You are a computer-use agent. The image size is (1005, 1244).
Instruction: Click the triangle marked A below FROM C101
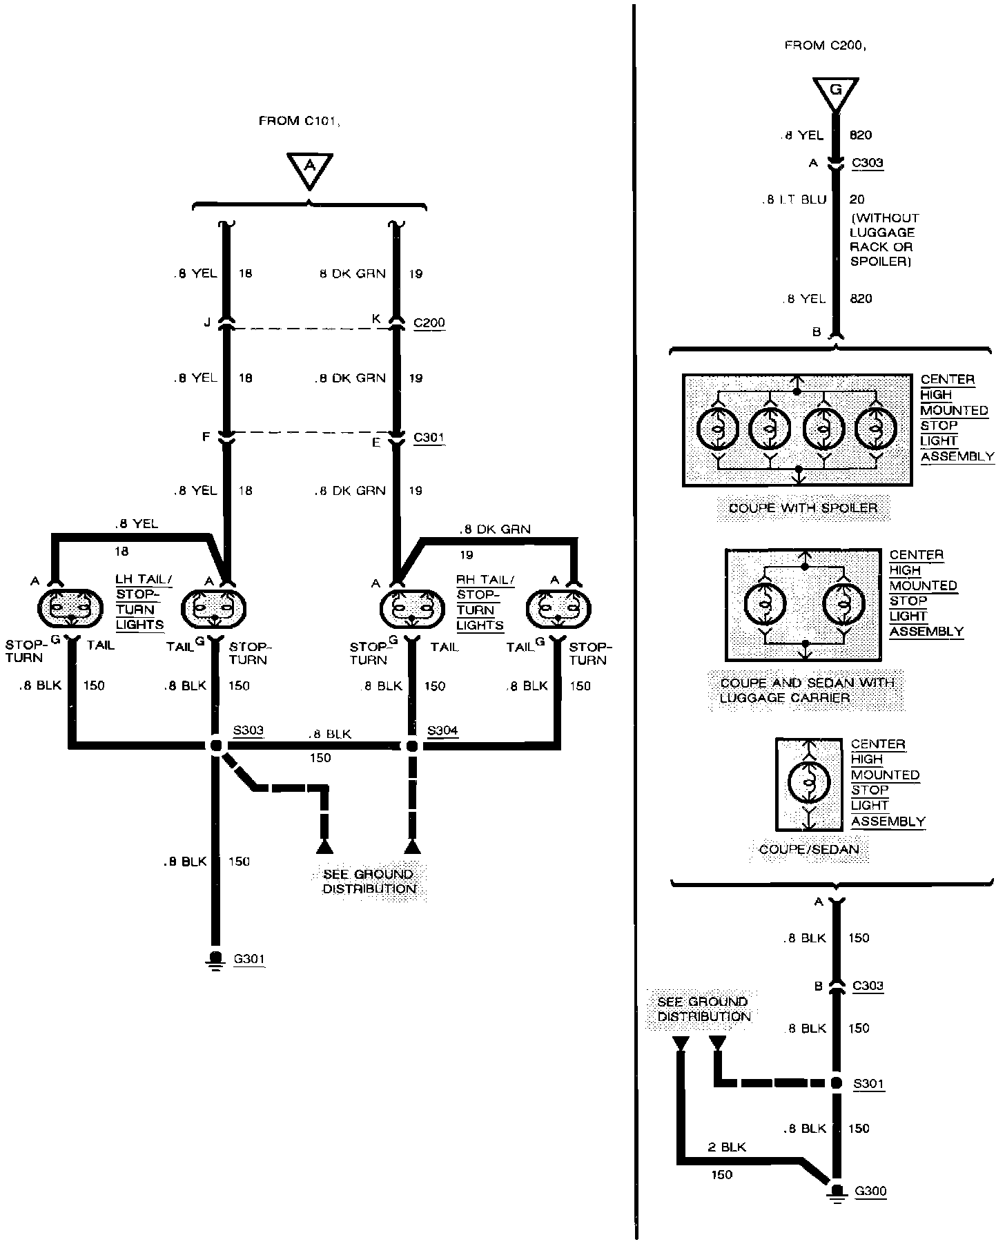coord(310,168)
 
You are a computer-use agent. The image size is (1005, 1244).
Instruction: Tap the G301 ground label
coord(249,959)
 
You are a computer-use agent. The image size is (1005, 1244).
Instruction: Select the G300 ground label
coord(870,1191)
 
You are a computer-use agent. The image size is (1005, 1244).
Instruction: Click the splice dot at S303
coord(216,746)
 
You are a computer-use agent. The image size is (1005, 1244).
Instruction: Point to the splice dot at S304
coord(412,746)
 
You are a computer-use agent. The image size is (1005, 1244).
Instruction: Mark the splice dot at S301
coord(836,1083)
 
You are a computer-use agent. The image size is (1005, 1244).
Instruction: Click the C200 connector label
coord(429,322)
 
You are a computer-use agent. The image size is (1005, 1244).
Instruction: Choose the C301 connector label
coord(429,437)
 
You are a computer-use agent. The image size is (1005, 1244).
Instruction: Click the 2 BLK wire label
coord(727,1147)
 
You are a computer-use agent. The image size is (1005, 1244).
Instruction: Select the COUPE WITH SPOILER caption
coord(803,508)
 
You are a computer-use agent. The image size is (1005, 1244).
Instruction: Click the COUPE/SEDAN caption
coord(809,849)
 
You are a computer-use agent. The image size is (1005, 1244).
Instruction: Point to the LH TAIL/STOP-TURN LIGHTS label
coord(140,602)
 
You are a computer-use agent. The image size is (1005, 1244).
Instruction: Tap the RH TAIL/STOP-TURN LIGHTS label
coord(480,603)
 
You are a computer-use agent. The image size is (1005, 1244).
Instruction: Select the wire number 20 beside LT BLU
coord(857,200)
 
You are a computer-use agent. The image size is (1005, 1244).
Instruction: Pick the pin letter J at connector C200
coord(206,322)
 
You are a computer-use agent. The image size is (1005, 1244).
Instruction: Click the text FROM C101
coord(300,122)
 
